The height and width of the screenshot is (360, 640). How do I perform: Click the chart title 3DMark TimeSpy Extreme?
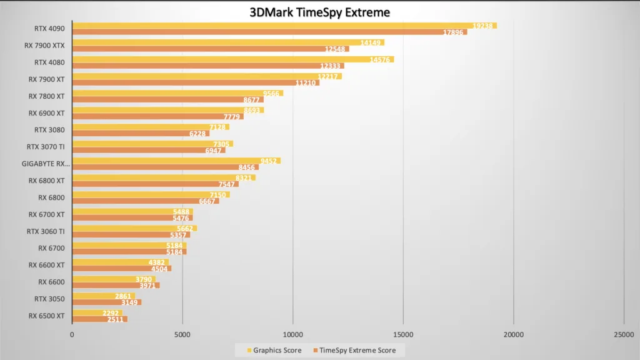[319, 12]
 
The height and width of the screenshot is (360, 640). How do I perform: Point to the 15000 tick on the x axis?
[403, 335]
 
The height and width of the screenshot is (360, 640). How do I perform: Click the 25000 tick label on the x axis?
[623, 335]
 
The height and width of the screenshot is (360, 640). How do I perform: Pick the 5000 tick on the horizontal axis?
[182, 335]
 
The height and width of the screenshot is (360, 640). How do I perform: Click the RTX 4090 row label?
[50, 28]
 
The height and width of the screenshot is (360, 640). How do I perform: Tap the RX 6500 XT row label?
[46, 316]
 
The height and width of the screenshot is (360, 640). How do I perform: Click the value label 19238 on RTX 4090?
[484, 26]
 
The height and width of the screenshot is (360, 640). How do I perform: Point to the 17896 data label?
[454, 32]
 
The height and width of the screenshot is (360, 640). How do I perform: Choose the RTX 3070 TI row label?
[46, 147]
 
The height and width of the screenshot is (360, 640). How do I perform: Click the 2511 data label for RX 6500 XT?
[116, 319]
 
